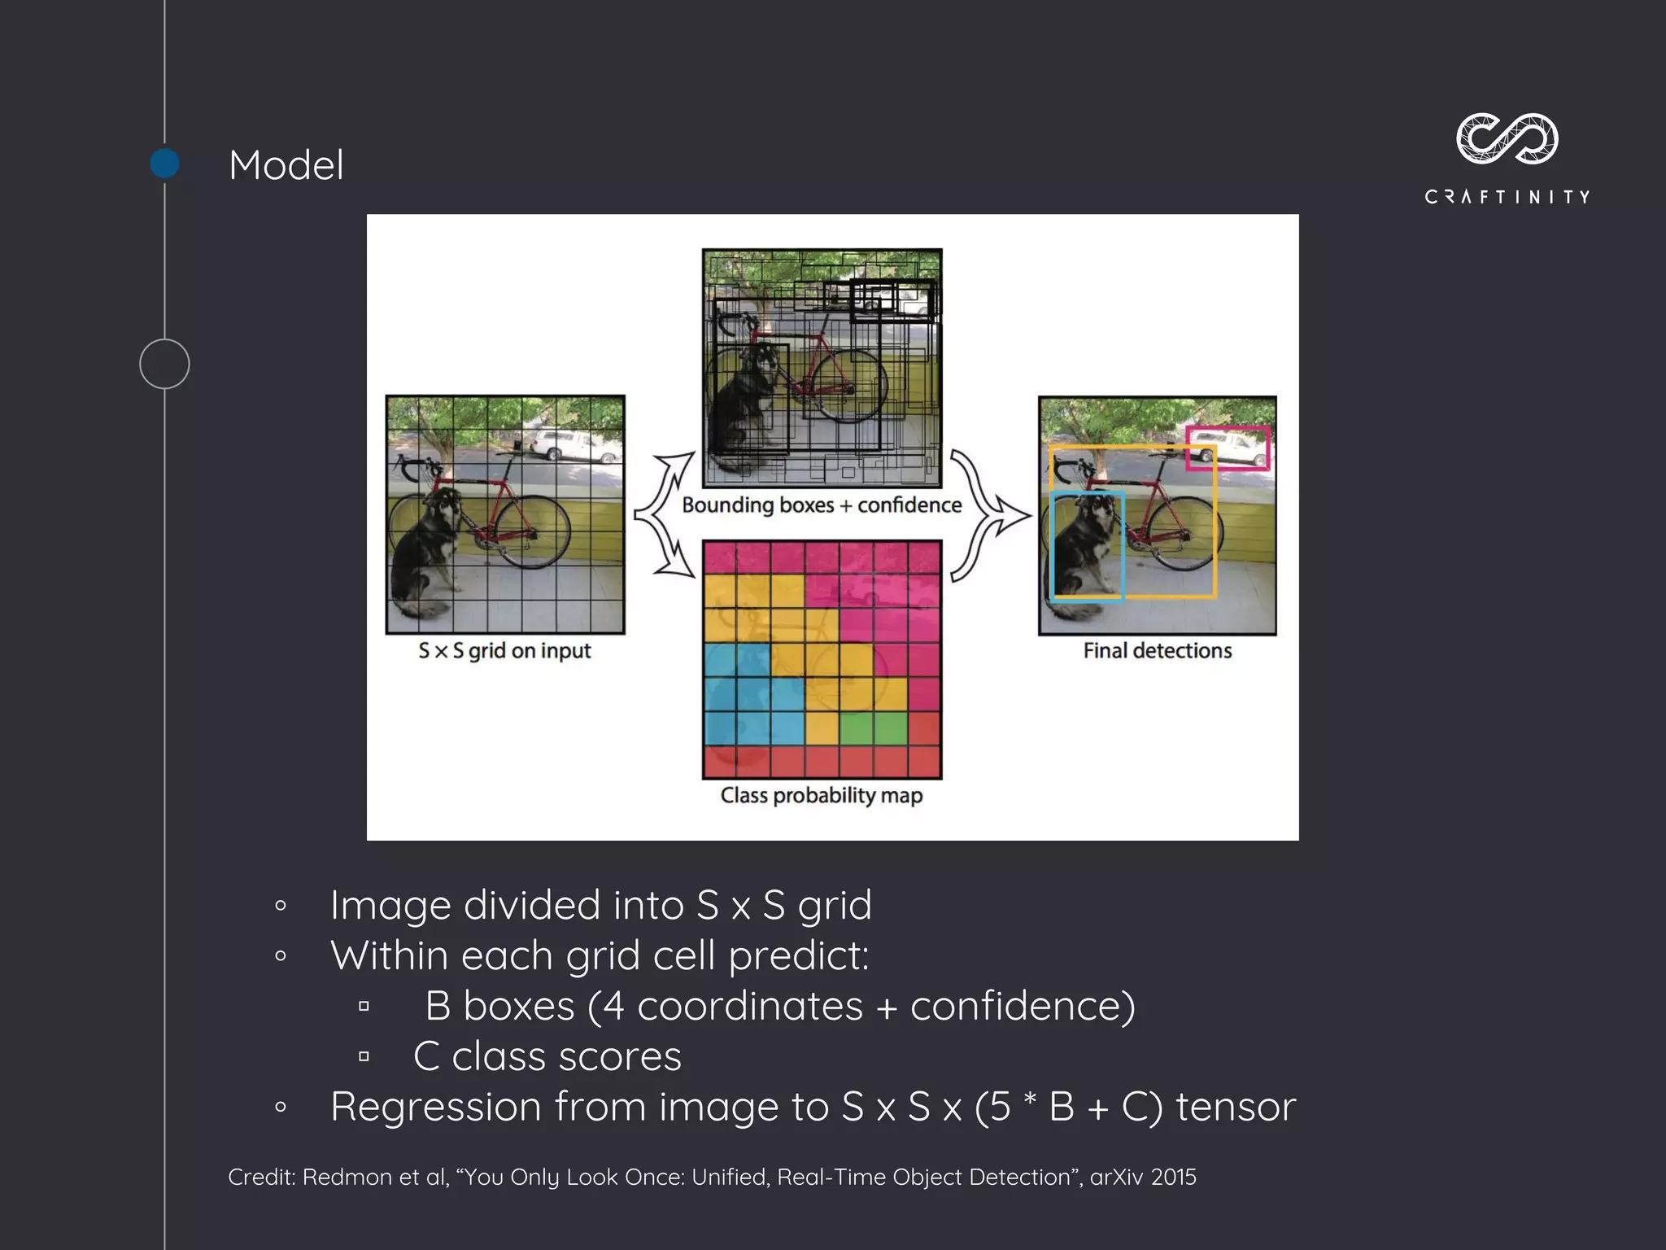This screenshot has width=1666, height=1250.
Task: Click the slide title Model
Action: (286, 165)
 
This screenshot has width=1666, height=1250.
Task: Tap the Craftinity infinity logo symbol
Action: (1507, 139)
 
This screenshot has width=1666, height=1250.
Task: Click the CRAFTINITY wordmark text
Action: (1507, 197)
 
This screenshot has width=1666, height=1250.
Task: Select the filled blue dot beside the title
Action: (165, 164)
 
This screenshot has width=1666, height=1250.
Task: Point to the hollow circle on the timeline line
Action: (164, 364)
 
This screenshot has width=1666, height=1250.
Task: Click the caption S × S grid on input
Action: (504, 651)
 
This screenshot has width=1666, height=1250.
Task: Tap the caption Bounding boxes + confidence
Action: (822, 505)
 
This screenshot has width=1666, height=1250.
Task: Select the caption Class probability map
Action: (822, 795)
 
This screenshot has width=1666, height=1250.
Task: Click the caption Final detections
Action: (1157, 651)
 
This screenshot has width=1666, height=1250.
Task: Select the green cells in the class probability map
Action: (873, 728)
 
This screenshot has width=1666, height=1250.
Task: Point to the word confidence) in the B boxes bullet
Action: (1023, 1006)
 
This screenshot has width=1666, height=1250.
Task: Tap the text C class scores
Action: (547, 1056)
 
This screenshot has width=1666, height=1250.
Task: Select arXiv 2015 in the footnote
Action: (1142, 1178)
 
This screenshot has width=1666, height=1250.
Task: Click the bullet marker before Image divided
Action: (281, 906)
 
